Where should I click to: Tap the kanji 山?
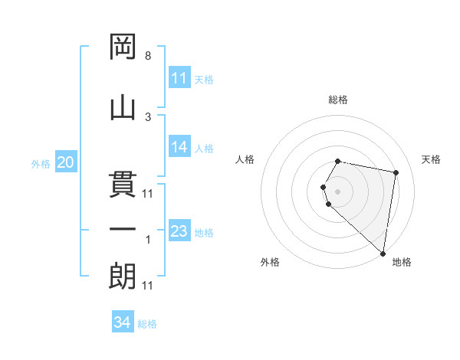tap(123, 106)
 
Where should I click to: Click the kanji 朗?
tap(123, 275)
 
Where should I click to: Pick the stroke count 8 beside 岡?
tap(148, 57)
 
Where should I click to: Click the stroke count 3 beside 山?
tap(148, 116)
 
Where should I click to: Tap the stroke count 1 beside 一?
tap(148, 240)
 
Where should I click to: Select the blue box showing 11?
tap(179, 78)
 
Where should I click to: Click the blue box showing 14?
tap(179, 147)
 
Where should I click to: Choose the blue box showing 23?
tap(179, 231)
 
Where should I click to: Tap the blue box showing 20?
tap(66, 162)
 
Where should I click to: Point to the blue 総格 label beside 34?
tap(147, 324)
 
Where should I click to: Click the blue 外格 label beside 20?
tap(41, 164)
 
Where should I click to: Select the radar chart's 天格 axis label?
tap(431, 159)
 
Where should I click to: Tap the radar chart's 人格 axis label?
tap(245, 159)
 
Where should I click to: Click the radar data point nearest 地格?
tap(383, 254)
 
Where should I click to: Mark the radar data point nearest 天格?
tap(396, 173)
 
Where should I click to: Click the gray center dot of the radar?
tap(338, 191)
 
